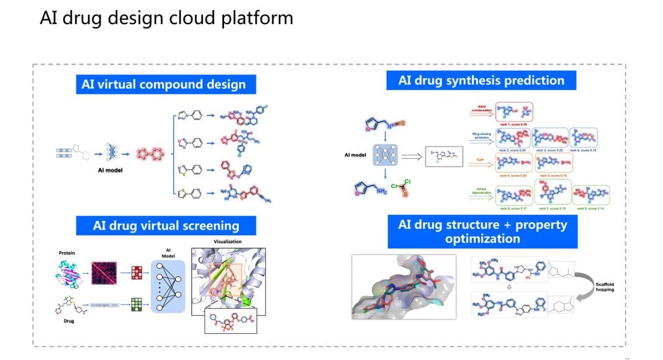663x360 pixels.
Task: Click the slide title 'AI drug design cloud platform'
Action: click(x=166, y=18)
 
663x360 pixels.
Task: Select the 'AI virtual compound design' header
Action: click(x=163, y=84)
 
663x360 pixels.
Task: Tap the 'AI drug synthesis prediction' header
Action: click(x=481, y=80)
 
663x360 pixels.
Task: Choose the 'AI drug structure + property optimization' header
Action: click(x=482, y=231)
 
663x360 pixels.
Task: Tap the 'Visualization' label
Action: click(x=227, y=241)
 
